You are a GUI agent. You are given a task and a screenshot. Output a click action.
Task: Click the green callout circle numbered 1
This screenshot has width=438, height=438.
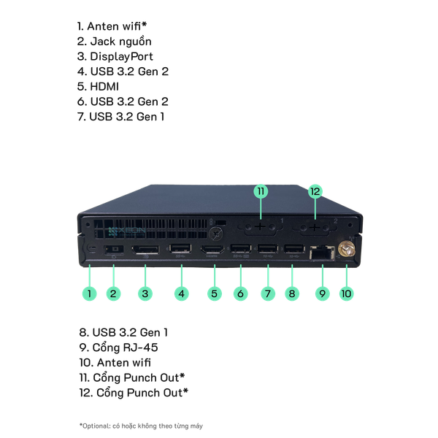[x=89, y=294]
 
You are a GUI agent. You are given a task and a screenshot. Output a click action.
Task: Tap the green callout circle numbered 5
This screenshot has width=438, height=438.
[x=214, y=294]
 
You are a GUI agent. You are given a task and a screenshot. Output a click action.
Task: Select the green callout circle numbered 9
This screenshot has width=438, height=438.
[x=322, y=294]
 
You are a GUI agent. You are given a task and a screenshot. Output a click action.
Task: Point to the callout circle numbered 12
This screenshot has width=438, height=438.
[x=315, y=191]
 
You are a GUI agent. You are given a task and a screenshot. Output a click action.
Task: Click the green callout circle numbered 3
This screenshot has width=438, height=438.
[x=145, y=294]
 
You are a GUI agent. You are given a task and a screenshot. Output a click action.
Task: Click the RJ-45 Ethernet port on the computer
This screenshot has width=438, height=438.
[x=321, y=253]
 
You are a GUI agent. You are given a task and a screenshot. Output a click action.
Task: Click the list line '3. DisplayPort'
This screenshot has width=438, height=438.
[x=116, y=56]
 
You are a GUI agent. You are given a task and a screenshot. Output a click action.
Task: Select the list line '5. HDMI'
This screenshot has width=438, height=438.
[x=101, y=87]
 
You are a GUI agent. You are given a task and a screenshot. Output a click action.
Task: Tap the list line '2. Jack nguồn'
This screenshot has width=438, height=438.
[x=115, y=41]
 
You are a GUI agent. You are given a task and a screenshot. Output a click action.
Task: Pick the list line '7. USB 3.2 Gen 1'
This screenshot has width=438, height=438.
[x=121, y=117]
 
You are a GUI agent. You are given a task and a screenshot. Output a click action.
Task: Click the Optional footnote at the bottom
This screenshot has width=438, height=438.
[x=141, y=425]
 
